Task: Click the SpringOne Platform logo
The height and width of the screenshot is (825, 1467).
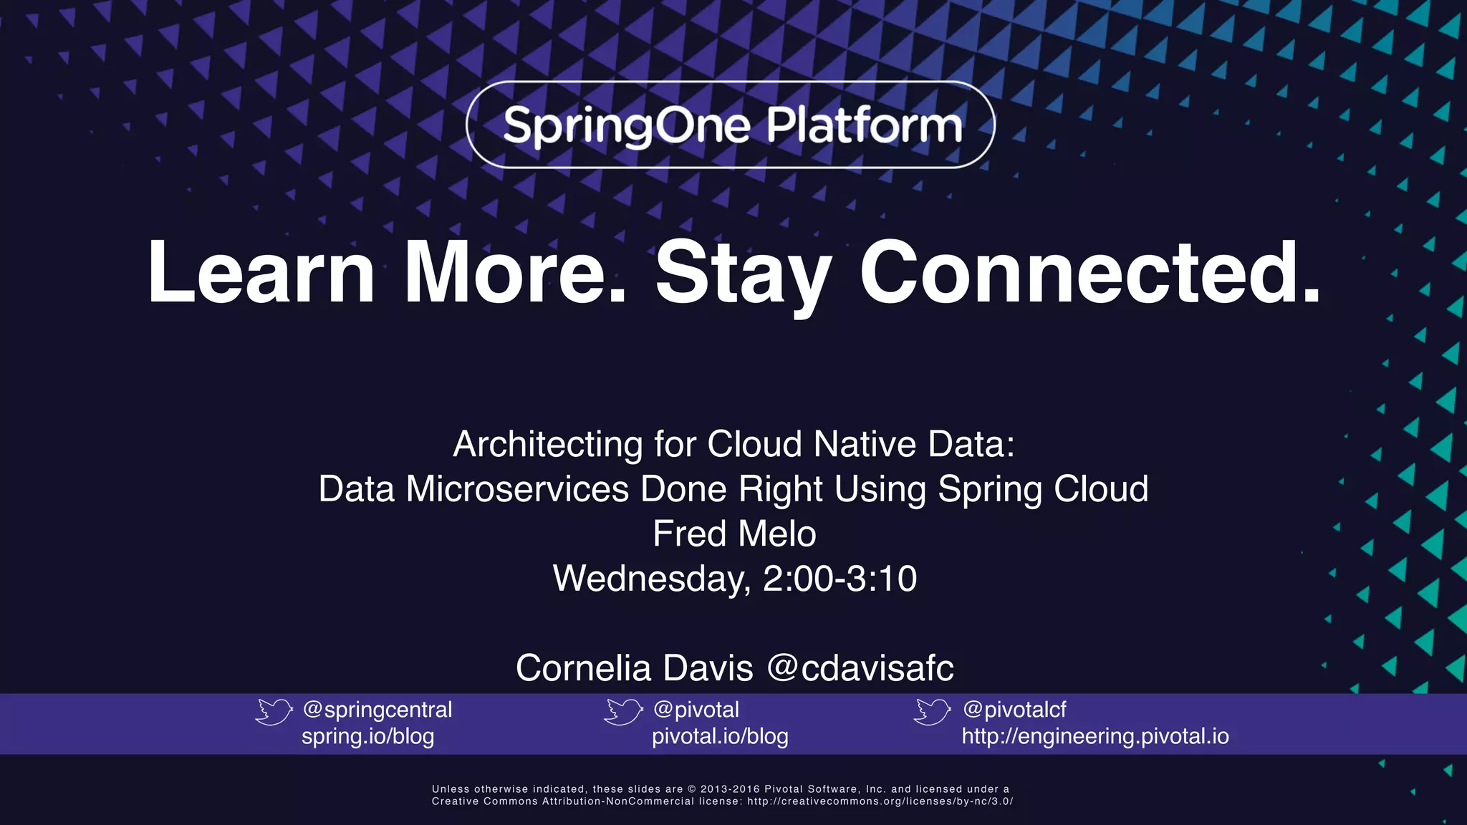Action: [x=731, y=125]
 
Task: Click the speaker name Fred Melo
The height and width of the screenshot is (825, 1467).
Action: [x=734, y=534]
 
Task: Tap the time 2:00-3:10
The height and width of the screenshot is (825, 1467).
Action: [x=840, y=579]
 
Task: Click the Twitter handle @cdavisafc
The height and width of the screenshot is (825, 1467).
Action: [x=860, y=668]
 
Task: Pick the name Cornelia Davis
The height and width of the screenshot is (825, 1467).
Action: [x=634, y=668]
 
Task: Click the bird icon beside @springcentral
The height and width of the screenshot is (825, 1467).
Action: [x=274, y=712]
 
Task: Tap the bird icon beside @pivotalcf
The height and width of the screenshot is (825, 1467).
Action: [x=932, y=712]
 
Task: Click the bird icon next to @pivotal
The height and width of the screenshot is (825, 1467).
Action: [x=623, y=712]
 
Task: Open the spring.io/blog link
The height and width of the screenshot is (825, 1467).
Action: [x=367, y=737]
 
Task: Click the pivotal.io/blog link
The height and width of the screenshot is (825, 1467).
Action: [x=720, y=737]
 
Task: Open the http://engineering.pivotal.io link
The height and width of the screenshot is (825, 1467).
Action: [x=1095, y=737]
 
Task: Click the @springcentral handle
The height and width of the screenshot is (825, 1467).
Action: [x=377, y=710]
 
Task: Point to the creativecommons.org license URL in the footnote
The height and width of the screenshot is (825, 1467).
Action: [x=880, y=801]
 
